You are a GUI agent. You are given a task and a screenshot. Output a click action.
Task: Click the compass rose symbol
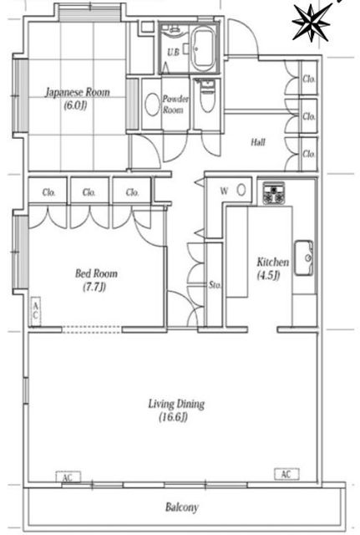312,23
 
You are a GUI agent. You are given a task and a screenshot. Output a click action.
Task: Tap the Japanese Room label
78,92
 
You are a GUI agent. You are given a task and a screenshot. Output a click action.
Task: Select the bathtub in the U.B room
203,48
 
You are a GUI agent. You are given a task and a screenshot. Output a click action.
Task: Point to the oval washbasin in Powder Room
152,104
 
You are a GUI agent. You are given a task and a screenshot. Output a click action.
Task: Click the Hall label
258,142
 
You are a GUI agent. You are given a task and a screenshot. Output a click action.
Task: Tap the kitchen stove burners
273,193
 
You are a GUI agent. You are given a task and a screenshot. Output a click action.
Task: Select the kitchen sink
303,257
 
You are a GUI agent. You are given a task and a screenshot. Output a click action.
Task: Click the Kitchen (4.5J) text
273,268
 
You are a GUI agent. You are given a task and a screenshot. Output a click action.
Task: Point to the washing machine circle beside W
241,190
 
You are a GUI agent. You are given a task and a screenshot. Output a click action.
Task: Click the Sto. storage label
215,284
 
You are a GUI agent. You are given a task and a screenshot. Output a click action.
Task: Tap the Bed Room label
97,273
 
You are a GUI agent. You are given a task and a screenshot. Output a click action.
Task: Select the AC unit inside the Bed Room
35,311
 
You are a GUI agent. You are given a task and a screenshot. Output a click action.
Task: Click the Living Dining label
176,404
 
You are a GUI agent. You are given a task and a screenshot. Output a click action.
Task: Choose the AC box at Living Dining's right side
286,474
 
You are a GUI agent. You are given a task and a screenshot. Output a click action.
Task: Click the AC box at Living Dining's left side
68,477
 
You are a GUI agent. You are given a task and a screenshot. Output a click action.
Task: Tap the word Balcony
182,507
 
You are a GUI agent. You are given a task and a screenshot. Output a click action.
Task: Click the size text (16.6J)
174,417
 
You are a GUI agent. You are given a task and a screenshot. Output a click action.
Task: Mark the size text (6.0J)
75,105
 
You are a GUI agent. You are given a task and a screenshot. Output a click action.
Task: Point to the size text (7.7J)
94,287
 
